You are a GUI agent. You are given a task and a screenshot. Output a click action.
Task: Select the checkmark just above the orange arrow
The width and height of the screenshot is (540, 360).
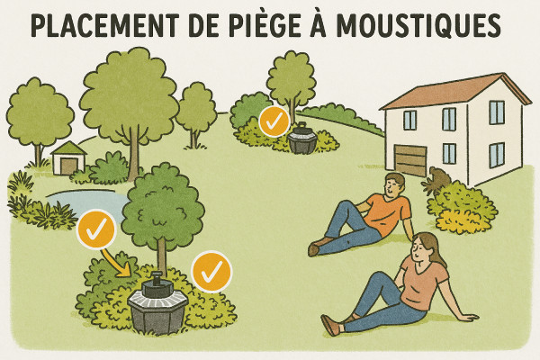pyautogui.click(x=95, y=231)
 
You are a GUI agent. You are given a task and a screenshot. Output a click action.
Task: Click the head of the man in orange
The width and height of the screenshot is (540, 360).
pyautogui.click(x=393, y=185)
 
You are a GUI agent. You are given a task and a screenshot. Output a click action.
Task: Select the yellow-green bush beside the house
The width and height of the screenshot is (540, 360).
pyautogui.click(x=460, y=206)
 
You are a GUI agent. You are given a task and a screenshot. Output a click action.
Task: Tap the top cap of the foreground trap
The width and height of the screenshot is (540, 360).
pyautogui.click(x=157, y=280)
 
